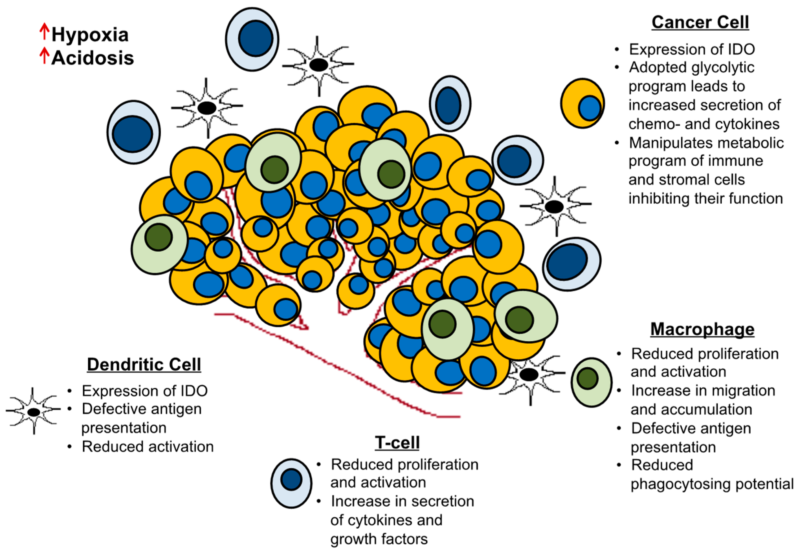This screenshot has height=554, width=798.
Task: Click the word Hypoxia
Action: click(x=90, y=35)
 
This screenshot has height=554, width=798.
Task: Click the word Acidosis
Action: click(x=93, y=58)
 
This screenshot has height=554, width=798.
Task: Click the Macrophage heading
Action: click(x=702, y=329)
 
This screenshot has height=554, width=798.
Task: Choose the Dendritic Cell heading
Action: click(x=144, y=364)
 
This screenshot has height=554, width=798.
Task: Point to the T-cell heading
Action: click(x=397, y=442)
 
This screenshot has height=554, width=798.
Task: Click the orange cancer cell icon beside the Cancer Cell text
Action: click(x=582, y=103)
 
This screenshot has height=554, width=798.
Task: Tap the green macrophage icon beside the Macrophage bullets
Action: click(x=591, y=382)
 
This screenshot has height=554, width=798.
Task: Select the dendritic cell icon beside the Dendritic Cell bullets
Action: click(x=33, y=412)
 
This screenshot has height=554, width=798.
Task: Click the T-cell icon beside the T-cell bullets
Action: click(x=291, y=483)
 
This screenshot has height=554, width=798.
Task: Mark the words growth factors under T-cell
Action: click(x=379, y=539)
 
